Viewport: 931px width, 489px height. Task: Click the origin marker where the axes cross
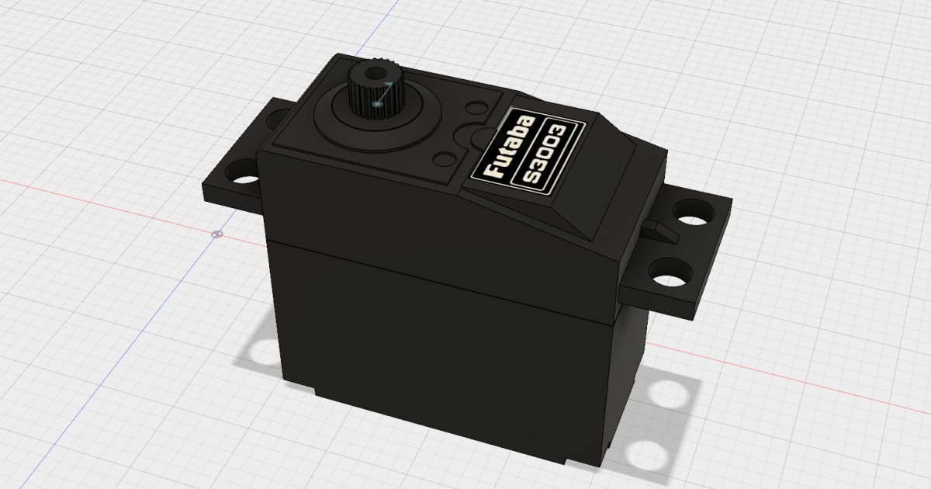[x=217, y=234]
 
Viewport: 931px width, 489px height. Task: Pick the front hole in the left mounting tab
[x=244, y=180]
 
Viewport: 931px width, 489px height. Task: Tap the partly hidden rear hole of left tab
[x=275, y=120]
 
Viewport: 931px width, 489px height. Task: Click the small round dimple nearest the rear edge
[x=474, y=106]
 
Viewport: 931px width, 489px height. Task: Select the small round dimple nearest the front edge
[x=444, y=159]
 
